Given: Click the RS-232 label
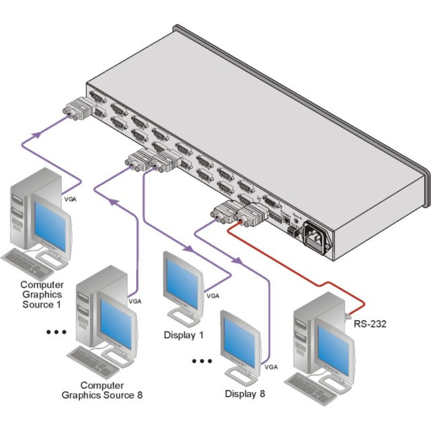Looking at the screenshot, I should (370, 324).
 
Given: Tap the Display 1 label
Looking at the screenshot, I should (184, 335).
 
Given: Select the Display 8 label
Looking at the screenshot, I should (245, 394).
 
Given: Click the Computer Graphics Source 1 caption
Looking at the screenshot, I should (42, 295).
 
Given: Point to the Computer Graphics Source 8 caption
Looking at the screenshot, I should (102, 390).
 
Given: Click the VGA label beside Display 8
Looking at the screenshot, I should (271, 367).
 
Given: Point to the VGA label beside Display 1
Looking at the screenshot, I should (213, 296).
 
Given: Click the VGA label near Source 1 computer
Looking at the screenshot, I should (70, 198).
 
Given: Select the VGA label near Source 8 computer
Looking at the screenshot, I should (135, 301).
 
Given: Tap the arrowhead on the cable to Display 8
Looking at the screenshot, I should (237, 260).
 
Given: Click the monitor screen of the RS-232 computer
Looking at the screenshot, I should (334, 350).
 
